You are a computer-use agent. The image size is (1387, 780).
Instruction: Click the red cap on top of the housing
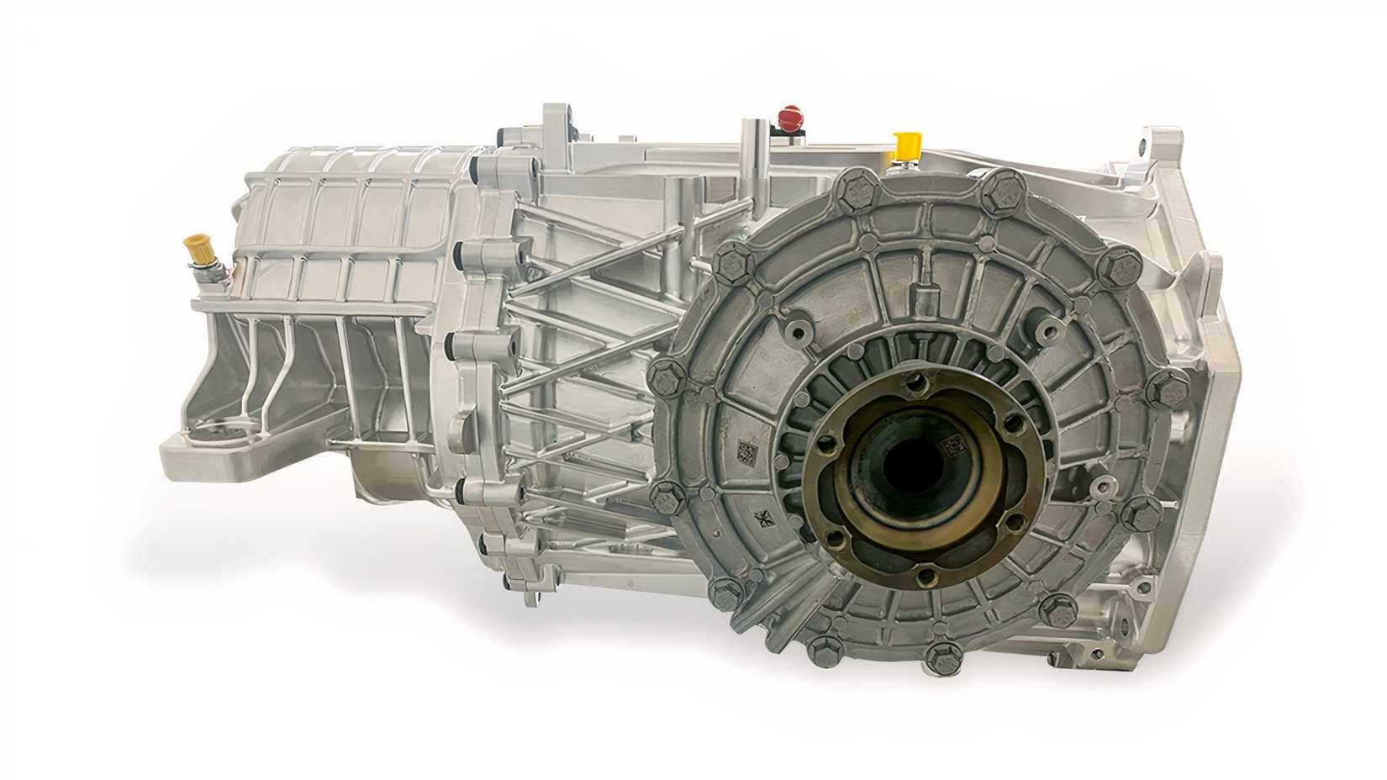(789, 116)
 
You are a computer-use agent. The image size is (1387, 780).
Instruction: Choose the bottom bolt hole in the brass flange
(924, 575)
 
